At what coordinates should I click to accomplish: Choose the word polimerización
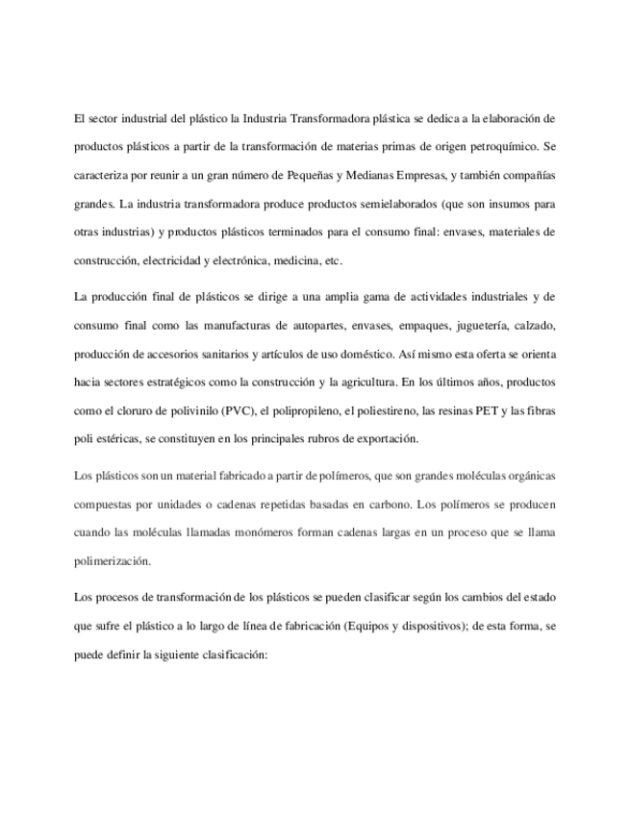pyautogui.click(x=113, y=561)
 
